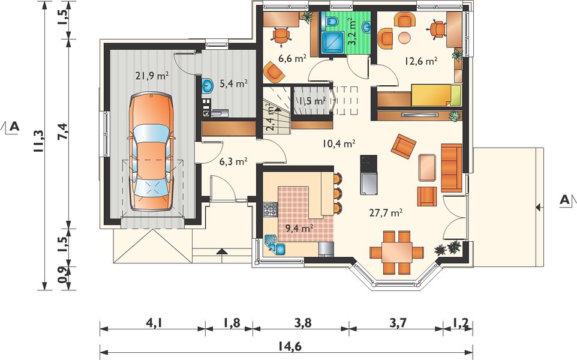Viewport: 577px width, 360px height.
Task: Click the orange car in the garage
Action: [151, 152]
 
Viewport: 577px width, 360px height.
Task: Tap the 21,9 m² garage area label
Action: [152, 76]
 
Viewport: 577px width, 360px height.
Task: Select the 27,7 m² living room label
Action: [385, 212]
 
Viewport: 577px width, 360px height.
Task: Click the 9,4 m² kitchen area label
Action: [299, 228]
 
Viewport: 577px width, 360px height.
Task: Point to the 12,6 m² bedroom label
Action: [421, 61]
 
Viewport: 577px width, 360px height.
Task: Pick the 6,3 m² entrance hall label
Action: [233, 161]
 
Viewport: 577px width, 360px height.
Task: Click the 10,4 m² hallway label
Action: [338, 143]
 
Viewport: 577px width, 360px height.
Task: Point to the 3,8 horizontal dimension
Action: [303, 323]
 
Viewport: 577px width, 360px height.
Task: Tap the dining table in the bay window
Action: [396, 252]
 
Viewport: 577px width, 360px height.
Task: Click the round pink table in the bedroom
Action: [404, 37]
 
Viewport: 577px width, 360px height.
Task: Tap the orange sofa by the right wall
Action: [452, 168]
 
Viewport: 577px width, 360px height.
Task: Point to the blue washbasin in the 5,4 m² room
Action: [208, 87]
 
